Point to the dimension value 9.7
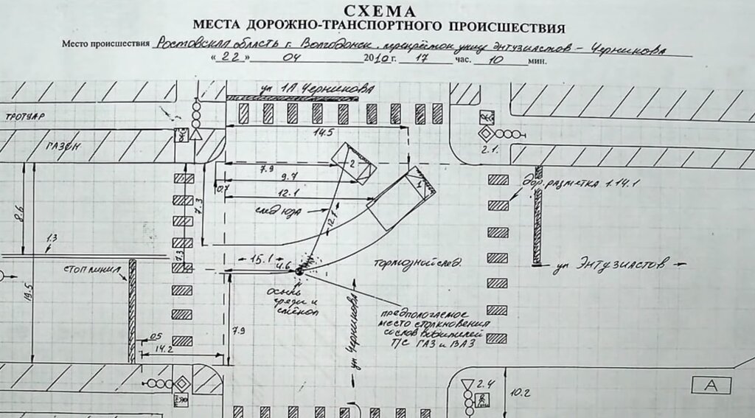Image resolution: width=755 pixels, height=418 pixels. (288, 177)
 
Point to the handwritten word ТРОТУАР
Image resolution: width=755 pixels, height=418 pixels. (23, 116)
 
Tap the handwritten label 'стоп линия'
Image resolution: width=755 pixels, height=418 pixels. (91, 269)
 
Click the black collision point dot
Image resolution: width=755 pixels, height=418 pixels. (299, 271)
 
